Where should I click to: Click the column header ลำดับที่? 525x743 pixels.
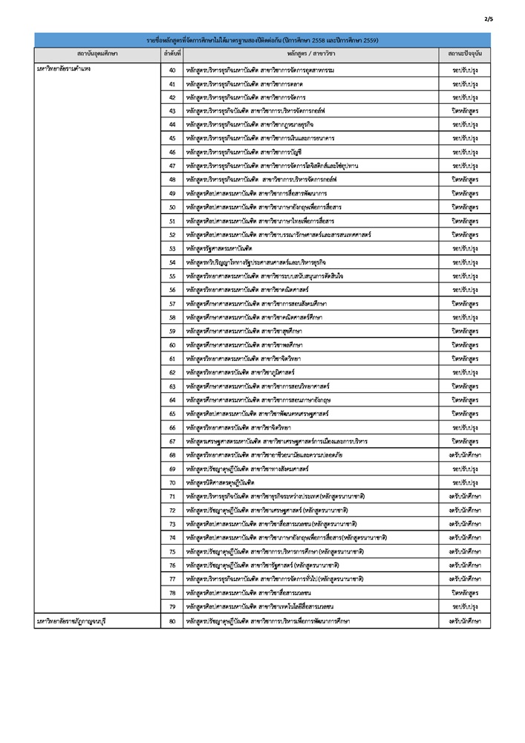coord(172,54)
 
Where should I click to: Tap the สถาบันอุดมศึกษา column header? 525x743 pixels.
coord(97,54)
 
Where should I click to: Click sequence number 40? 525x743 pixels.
coord(172,69)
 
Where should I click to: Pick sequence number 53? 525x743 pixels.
coord(172,248)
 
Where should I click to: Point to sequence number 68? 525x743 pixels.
coord(172,455)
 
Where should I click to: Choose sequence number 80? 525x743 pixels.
coord(172,620)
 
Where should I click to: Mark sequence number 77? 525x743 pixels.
coord(172,579)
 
